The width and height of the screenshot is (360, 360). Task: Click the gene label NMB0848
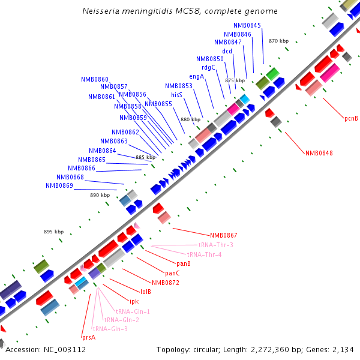click(319, 153)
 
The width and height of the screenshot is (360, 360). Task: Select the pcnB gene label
click(351, 118)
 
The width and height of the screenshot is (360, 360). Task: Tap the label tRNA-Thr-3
click(215, 245)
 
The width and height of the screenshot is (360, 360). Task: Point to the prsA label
click(88, 337)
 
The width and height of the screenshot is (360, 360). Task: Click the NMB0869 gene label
click(59, 185)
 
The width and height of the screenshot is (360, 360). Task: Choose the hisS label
click(176, 95)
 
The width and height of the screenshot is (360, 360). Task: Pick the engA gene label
click(197, 76)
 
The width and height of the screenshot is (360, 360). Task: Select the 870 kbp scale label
click(279, 41)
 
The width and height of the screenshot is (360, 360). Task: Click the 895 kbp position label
click(53, 232)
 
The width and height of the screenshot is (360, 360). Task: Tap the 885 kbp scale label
click(145, 157)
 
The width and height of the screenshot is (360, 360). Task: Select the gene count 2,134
click(343, 349)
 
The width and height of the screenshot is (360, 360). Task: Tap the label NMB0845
click(247, 25)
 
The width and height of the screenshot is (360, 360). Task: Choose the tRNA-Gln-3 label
click(110, 328)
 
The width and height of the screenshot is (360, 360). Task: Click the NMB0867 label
click(223, 235)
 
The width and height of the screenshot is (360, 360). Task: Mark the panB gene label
click(184, 263)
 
